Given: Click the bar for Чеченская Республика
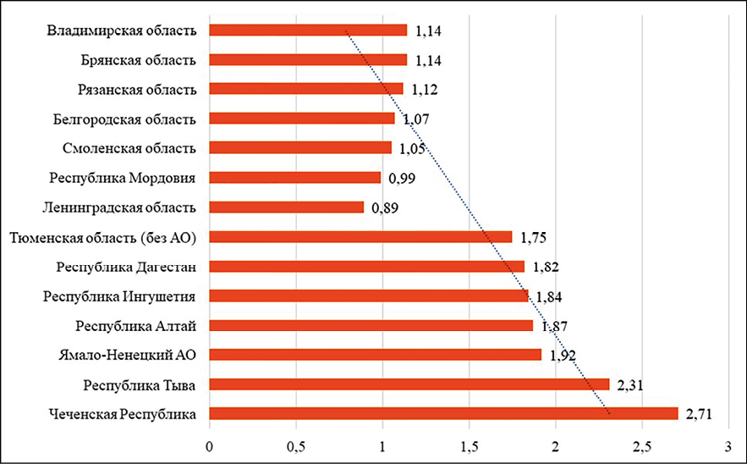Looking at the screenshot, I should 443,413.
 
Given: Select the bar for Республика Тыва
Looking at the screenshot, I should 409,384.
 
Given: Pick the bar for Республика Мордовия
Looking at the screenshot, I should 294,178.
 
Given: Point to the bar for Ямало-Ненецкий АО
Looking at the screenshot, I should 375,355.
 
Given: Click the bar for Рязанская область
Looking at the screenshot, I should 305,89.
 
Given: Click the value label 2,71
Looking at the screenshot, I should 699,413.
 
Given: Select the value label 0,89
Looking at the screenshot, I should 385,207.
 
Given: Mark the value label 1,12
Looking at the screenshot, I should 424,89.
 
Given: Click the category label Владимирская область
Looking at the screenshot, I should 122,30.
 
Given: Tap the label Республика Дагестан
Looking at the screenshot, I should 127,267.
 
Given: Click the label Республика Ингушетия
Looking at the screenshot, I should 119,296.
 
